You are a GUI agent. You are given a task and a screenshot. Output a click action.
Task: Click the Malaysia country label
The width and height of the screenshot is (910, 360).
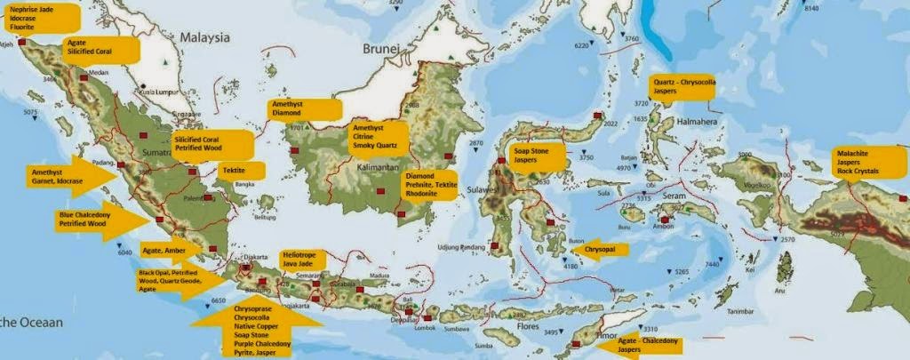click(x=205, y=38)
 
